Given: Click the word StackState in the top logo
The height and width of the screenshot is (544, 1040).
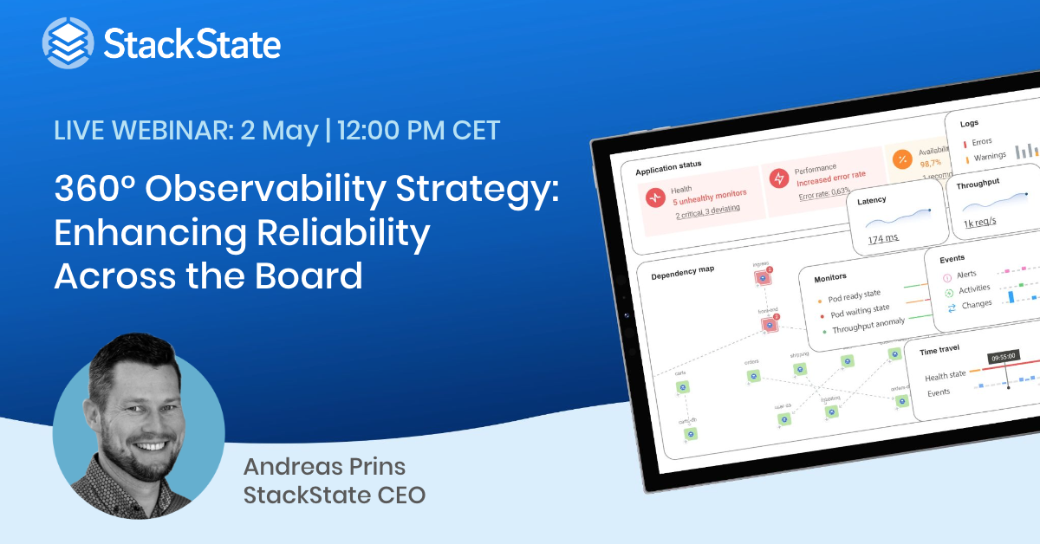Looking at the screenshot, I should [x=192, y=42].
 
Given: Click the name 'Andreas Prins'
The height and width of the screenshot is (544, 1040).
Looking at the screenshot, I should [x=324, y=467].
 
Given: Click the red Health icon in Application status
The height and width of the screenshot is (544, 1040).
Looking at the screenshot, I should [x=654, y=198].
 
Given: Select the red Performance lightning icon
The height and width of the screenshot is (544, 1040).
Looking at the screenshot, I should [x=779, y=178].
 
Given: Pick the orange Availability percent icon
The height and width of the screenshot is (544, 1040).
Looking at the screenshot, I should [x=901, y=159].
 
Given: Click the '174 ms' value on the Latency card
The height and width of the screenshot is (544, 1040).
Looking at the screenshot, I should [x=882, y=238].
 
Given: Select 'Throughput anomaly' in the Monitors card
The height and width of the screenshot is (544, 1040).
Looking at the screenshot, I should [x=868, y=326].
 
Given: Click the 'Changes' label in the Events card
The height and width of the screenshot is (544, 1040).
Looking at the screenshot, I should [x=977, y=305].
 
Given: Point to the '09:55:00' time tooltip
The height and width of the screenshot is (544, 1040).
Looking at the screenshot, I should [x=1001, y=355].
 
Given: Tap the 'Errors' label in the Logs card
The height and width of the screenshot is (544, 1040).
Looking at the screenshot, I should [x=982, y=141].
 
